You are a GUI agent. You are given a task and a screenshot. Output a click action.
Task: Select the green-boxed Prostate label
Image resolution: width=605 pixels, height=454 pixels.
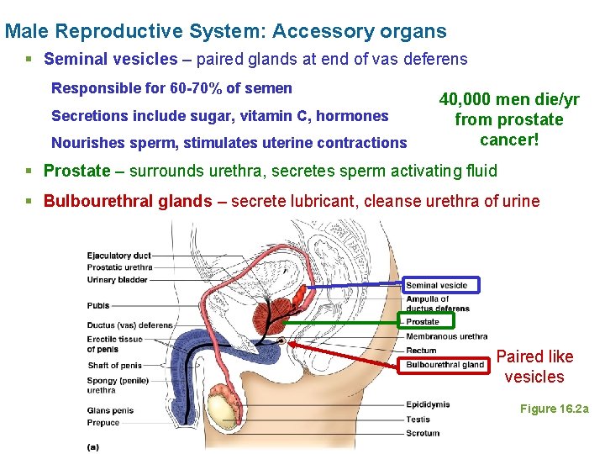(x=423, y=321)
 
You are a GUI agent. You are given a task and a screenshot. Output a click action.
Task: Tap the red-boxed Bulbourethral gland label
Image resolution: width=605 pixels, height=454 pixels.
(x=445, y=365)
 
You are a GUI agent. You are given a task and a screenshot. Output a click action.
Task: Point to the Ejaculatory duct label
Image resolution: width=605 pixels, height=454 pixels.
(x=118, y=256)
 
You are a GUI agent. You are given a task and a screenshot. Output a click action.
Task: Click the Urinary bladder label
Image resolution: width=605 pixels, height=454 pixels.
(x=117, y=280)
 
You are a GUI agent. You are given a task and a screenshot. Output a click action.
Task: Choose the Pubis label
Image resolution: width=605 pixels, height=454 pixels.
(x=98, y=306)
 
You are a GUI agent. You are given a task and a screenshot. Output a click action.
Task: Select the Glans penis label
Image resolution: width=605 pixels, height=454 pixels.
(x=110, y=411)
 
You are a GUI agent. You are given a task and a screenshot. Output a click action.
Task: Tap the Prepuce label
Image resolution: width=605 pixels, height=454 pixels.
(x=103, y=423)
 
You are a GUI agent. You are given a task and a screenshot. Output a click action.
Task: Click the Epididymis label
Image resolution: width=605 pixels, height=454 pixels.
(x=428, y=404)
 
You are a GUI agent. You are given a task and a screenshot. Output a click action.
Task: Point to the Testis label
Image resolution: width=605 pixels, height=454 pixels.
(x=418, y=419)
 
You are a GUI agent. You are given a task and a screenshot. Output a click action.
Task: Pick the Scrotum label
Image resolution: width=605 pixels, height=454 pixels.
(x=423, y=433)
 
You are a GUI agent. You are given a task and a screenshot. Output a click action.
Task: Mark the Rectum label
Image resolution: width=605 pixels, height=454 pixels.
(x=421, y=351)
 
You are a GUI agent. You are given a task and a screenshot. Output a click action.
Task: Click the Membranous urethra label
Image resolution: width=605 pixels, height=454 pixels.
(x=446, y=336)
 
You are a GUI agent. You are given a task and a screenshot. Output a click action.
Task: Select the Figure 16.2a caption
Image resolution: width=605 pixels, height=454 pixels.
(x=555, y=409)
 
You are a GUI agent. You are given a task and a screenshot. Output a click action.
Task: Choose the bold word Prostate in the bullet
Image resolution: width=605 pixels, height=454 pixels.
(x=76, y=172)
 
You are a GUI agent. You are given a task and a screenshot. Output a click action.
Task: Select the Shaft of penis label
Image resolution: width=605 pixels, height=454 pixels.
(x=115, y=366)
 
